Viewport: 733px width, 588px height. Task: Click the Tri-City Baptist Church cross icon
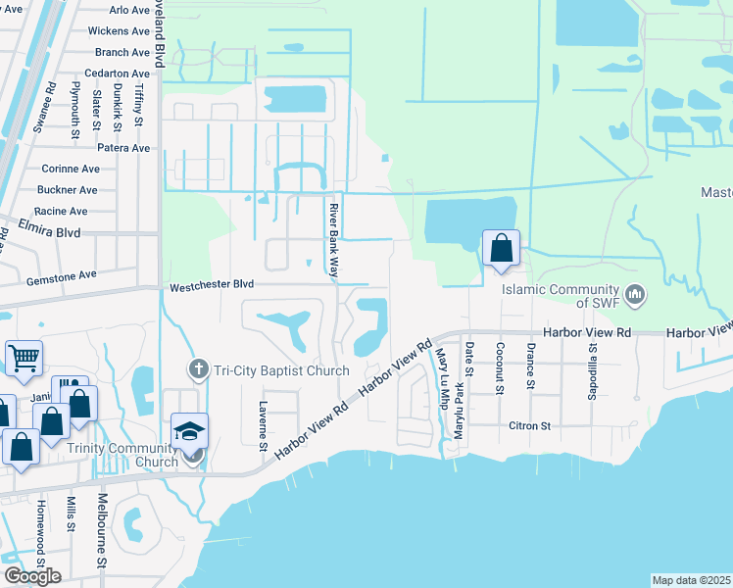tap(197, 369)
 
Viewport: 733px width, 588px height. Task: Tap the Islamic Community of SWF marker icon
tap(635, 293)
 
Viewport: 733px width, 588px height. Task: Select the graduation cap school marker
tap(189, 431)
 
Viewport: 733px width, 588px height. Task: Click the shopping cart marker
tap(24, 358)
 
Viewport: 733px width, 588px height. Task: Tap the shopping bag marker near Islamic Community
tap(501, 249)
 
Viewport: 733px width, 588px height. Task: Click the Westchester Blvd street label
tap(212, 285)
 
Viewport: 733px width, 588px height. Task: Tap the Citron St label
tap(530, 426)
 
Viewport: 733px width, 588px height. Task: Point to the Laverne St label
tap(263, 426)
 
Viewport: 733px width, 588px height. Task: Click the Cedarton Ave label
tap(117, 73)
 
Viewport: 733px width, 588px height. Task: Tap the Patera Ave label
tap(122, 148)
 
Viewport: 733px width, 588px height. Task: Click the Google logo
tap(32, 575)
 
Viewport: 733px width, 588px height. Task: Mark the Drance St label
tap(530, 367)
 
